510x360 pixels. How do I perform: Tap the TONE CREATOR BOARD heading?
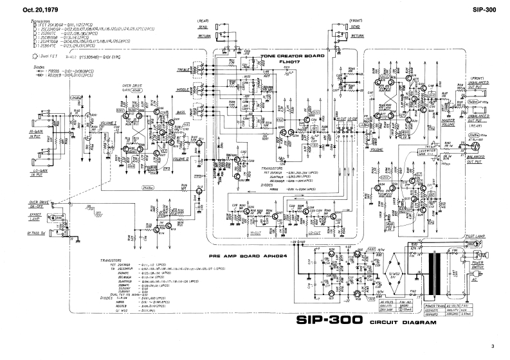[x=292, y=57]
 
